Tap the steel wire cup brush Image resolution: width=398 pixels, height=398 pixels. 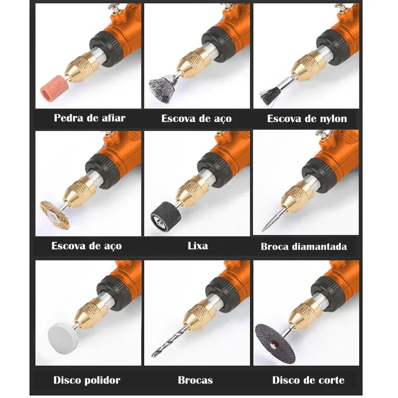pyautogui.click(x=162, y=87)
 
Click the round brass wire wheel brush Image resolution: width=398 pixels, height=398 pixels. pyautogui.click(x=55, y=214)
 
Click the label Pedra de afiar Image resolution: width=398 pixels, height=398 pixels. pyautogui.click(x=90, y=118)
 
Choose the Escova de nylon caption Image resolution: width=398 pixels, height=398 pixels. pyautogui.click(x=307, y=118)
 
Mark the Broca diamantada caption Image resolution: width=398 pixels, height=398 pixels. pyautogui.click(x=304, y=246)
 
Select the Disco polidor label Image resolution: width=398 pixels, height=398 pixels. pyautogui.click(x=87, y=380)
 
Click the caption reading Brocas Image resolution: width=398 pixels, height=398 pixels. pyautogui.click(x=195, y=380)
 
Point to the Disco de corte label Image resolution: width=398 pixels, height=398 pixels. pyautogui.click(x=308, y=380)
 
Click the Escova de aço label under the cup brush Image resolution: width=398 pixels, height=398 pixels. pyautogui.click(x=196, y=118)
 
